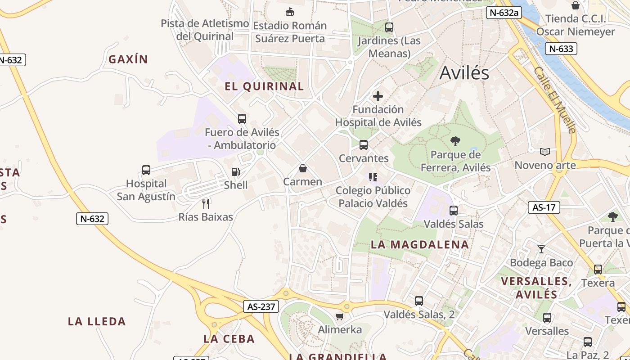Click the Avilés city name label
[x=464, y=72]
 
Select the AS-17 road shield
[x=544, y=207]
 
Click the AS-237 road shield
[x=261, y=307]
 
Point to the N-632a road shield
[x=504, y=13]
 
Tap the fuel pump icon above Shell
[x=235, y=172]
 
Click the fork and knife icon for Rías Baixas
[x=206, y=203]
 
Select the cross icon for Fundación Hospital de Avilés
[x=378, y=96]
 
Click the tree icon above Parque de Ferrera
[x=455, y=141]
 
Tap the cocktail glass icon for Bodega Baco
[x=541, y=249]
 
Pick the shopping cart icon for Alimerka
[x=340, y=316]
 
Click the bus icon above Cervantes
[x=364, y=145]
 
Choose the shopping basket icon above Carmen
[x=303, y=169]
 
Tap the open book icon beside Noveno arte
[x=545, y=152]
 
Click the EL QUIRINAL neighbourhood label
[x=264, y=86]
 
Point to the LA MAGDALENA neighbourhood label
[x=419, y=245]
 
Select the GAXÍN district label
[x=128, y=59]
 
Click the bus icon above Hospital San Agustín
[x=146, y=170]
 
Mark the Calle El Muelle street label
[x=554, y=100]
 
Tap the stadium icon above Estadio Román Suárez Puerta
[x=290, y=12]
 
